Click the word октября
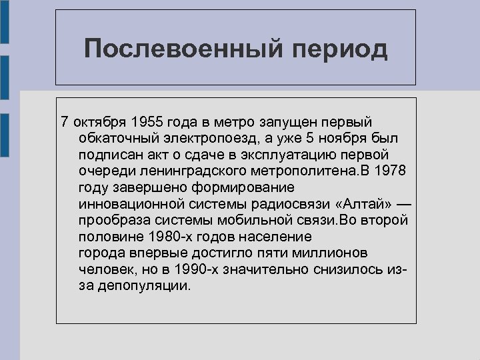100,122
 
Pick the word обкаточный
119,138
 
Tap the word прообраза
112,220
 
